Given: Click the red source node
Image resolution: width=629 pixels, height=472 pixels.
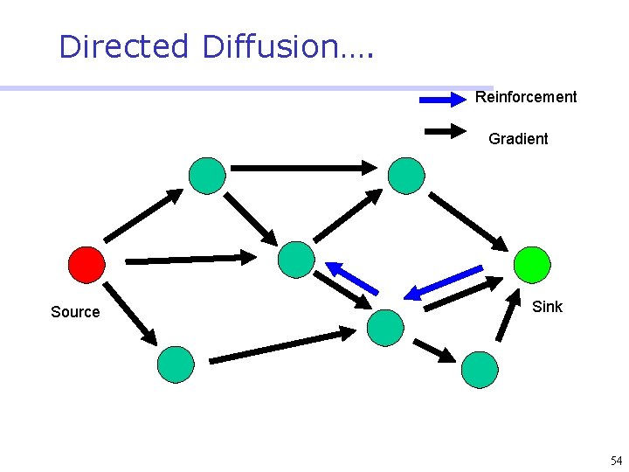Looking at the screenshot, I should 86,263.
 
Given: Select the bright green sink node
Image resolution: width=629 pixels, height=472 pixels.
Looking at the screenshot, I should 532,264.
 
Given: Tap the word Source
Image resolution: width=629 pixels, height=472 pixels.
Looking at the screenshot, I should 75,312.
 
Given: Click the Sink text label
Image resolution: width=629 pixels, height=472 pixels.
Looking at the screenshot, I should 547,307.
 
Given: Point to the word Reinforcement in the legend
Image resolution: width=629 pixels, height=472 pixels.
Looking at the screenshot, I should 526,97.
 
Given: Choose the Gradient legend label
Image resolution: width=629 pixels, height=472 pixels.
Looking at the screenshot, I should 518,139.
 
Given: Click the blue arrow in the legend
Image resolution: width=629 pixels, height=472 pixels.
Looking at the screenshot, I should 443,100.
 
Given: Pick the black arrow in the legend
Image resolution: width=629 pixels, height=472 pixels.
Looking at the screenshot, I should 446,132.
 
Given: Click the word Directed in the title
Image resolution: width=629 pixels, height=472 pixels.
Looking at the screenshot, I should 123,46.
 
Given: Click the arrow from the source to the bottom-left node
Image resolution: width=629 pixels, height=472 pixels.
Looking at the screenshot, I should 130,312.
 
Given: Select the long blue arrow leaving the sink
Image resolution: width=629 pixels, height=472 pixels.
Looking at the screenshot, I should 445,282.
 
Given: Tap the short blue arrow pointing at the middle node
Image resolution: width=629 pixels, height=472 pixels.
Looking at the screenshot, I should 351,276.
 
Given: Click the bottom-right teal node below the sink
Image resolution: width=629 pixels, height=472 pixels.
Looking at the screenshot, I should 480,369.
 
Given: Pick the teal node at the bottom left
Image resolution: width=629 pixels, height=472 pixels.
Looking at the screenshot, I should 176,364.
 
